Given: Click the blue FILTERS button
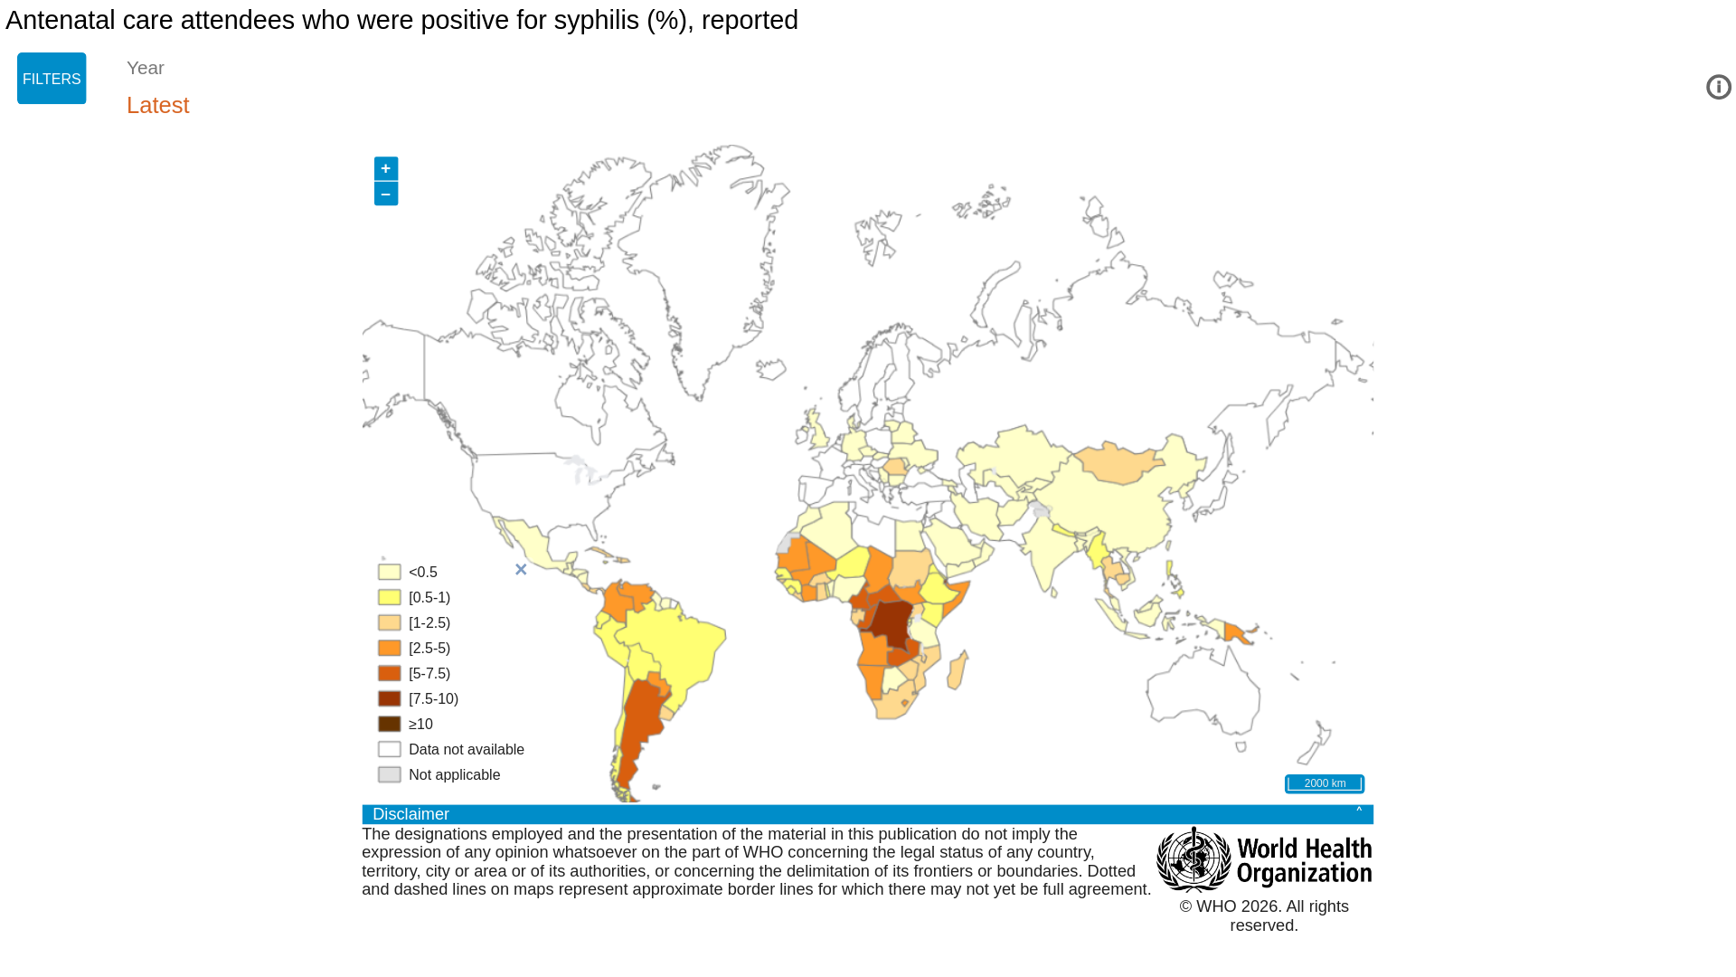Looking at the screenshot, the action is tap(52, 79).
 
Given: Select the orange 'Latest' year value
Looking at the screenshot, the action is tap(158, 105).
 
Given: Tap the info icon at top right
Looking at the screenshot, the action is tap(1718, 87).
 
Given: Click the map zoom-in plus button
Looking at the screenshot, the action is tap(386, 168).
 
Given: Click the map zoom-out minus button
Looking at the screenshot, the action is tap(386, 194).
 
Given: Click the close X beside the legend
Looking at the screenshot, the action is tap(521, 570).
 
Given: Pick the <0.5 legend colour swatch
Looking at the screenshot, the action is tap(390, 572).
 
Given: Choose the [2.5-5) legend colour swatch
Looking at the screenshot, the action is tap(390, 648).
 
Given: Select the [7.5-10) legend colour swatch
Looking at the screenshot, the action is tap(390, 698).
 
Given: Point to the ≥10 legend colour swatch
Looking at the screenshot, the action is tap(390, 724).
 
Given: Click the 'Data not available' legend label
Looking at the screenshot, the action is tap(467, 749).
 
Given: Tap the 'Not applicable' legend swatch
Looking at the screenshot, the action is tap(390, 774).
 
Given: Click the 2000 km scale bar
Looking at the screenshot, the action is tap(1325, 783).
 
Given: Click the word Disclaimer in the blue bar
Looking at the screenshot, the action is tap(410, 814).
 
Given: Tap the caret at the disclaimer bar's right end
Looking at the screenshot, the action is tap(1359, 811).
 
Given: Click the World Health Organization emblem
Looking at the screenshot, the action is tap(1193, 859).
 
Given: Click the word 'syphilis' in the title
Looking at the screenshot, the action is tap(597, 20).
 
